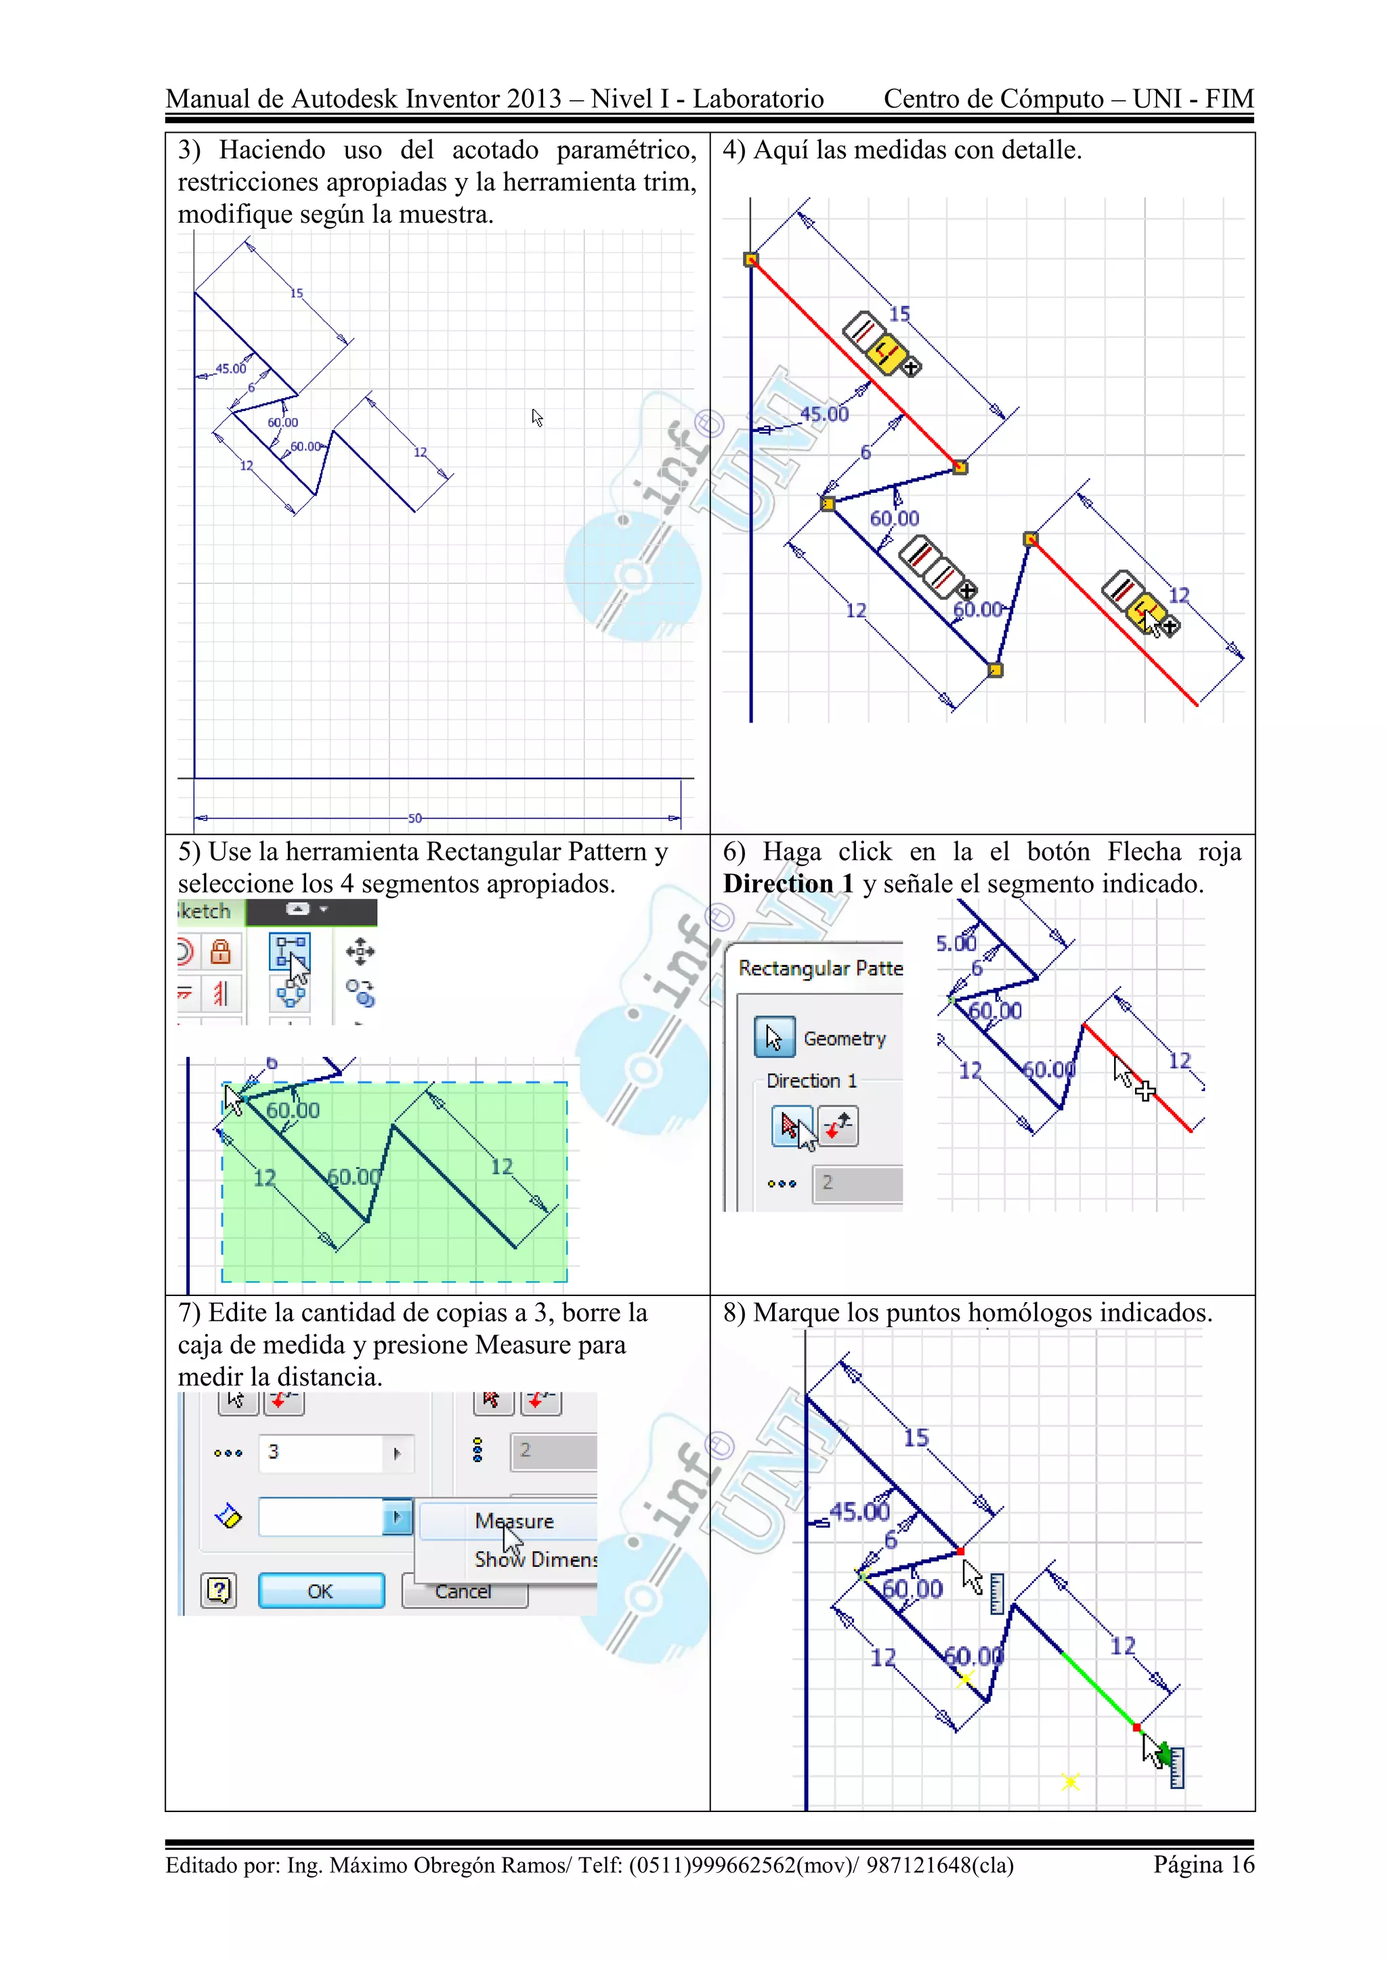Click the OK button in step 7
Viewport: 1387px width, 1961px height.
coord(321,1591)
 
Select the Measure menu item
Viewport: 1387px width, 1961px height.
coord(514,1521)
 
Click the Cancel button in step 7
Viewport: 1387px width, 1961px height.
coord(464,1592)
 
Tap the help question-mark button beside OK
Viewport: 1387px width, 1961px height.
coord(219,1591)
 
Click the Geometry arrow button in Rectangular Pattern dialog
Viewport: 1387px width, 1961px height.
coord(775,1038)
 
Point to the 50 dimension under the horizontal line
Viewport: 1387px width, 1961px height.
coord(415,817)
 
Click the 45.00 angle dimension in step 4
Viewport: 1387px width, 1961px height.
coord(824,414)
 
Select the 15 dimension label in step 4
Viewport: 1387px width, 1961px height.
coord(899,314)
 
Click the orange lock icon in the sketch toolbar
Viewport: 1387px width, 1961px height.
coord(220,951)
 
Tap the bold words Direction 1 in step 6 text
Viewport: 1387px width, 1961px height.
coord(788,883)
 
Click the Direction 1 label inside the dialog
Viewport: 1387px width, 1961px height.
coord(811,1081)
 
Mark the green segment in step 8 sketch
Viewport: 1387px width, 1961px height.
coord(1100,1691)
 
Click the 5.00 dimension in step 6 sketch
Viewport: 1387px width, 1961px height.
coord(956,943)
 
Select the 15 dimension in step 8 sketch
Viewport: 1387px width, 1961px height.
coord(916,1438)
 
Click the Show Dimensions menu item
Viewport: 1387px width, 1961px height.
coord(536,1559)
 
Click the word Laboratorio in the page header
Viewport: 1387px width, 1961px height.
coord(758,99)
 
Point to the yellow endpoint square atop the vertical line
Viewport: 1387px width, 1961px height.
coord(750,259)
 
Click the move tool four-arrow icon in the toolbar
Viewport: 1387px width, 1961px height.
coord(360,951)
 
